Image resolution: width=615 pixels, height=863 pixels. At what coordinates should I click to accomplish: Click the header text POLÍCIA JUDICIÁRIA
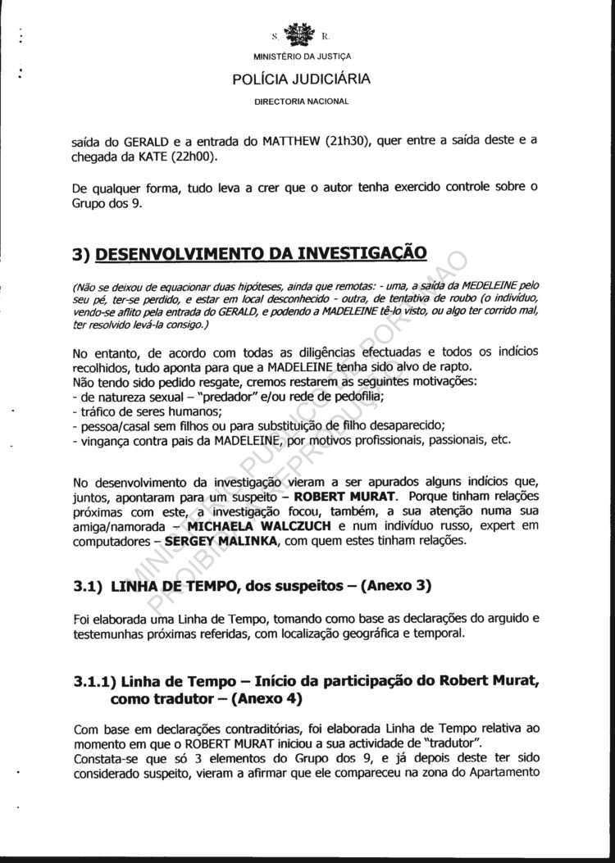click(x=301, y=79)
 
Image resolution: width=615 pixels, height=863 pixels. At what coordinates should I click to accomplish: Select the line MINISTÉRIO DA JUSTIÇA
click(x=301, y=57)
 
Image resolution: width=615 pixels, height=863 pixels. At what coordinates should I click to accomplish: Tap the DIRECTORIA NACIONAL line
click(x=302, y=102)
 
